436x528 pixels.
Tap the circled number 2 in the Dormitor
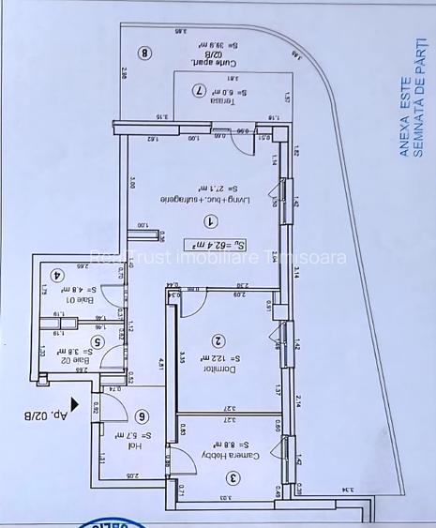pos(218,342)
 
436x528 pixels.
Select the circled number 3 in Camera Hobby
pos(233,477)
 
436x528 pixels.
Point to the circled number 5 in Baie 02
pos(96,343)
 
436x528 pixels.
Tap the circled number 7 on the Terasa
pos(198,91)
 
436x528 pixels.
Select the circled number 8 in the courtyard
pos(144,53)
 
